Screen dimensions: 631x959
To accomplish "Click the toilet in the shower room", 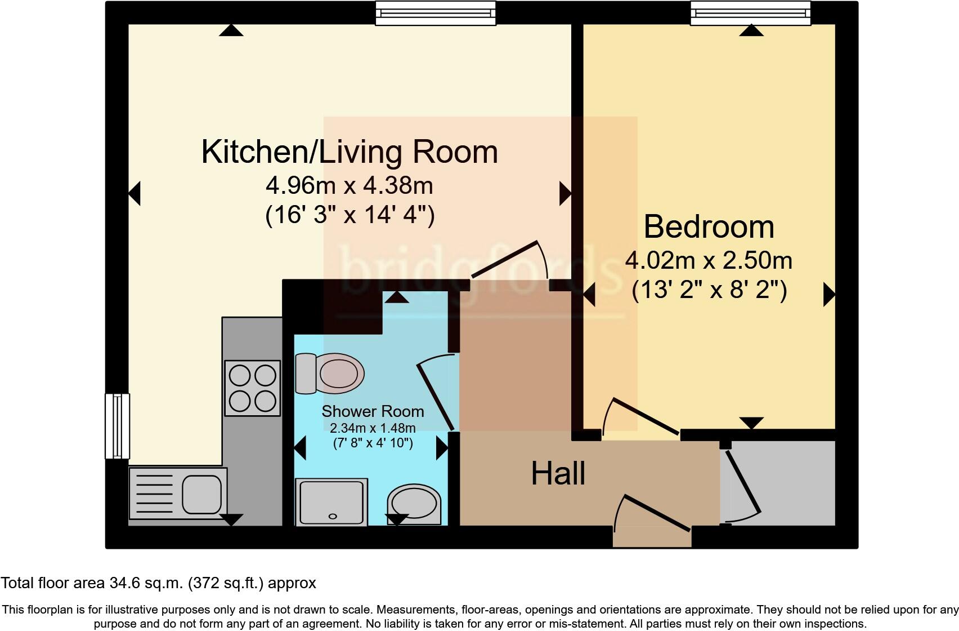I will click(330, 374).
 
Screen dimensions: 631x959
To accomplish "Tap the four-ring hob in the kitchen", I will click(252, 388).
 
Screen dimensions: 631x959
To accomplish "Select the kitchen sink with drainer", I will click(178, 494).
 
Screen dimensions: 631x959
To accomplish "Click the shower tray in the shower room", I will click(331, 502).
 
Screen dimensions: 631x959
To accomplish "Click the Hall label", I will click(558, 473).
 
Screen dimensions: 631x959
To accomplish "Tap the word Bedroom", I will click(709, 226).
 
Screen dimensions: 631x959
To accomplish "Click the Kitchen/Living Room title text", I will click(349, 152).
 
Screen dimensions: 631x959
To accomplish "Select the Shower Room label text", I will click(373, 411).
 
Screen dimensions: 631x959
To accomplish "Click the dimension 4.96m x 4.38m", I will click(349, 185).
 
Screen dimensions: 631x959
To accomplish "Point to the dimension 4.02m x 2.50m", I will click(709, 260).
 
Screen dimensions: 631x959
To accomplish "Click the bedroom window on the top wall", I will click(750, 13).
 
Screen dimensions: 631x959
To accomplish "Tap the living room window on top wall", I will click(436, 13).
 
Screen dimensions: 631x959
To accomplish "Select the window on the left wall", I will click(117, 426).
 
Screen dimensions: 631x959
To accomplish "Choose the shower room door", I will click(436, 394).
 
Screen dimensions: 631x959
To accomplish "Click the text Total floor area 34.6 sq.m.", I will click(158, 583).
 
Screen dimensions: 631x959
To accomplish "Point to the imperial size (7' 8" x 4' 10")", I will click(373, 443).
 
